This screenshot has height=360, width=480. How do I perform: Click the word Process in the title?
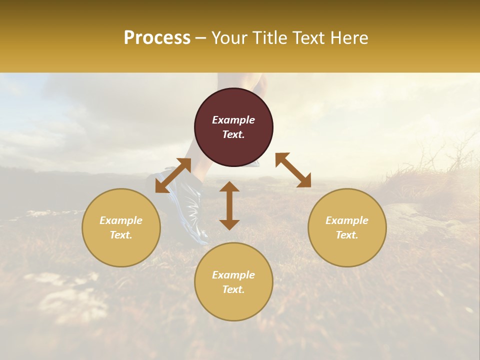pos(157,38)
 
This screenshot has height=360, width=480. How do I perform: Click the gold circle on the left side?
pos(121,227)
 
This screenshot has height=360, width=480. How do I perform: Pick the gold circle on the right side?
pos(347,227)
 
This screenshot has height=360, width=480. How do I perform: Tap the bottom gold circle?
pos(233,281)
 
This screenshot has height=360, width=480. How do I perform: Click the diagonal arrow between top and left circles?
pos(173,175)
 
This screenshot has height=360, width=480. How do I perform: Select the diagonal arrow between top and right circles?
pos(293,170)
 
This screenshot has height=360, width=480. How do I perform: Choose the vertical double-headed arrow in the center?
pos(229,205)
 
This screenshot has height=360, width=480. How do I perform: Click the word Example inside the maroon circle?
pos(233,120)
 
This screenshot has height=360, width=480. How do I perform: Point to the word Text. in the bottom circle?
pos(233,289)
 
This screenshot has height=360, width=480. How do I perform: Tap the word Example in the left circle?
pos(121,220)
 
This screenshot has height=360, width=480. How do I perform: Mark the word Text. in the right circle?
pos(347,235)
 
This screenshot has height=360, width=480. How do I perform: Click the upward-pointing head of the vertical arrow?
pos(229,187)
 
